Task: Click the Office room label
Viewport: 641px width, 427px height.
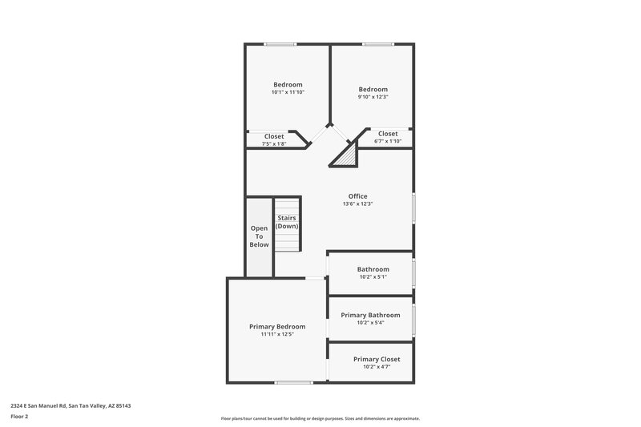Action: (x=357, y=196)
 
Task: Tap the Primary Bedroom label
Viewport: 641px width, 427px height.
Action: (x=277, y=327)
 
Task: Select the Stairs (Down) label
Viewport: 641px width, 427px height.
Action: (x=287, y=222)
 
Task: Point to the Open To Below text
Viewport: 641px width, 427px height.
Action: (x=259, y=236)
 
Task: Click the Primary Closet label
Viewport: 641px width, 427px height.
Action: (x=377, y=359)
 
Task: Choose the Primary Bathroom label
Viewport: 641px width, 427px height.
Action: (x=370, y=315)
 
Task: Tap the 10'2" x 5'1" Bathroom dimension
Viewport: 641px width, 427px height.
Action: (x=373, y=277)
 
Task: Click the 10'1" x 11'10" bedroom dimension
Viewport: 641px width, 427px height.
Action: (x=288, y=92)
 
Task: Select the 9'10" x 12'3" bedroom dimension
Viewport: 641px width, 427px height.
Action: (x=373, y=97)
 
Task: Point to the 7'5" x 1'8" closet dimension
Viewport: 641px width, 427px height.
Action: (x=274, y=144)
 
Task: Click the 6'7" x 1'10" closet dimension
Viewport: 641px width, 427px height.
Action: (x=388, y=142)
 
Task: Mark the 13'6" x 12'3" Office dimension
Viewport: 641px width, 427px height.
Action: (x=357, y=203)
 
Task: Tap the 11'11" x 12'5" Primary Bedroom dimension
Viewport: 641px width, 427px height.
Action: (x=277, y=334)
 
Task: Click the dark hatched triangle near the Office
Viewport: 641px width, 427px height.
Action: (x=345, y=154)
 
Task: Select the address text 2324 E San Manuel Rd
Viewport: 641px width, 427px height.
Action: (x=71, y=406)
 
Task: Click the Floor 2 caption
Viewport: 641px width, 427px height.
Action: (x=19, y=417)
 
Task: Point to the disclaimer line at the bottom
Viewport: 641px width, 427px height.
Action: (x=320, y=418)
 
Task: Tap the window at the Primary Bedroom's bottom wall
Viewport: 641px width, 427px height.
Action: (x=292, y=382)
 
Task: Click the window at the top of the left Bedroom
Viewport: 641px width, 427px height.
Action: (x=280, y=43)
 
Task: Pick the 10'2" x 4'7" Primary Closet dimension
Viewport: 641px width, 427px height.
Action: (x=377, y=367)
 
